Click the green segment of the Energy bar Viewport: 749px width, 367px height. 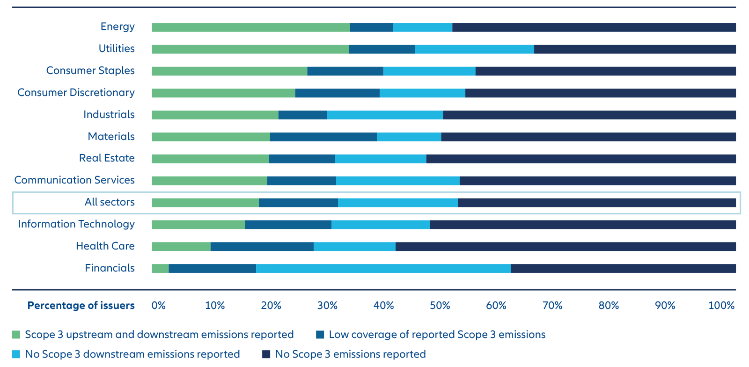coord(250,27)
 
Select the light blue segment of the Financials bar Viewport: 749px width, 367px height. coord(383,268)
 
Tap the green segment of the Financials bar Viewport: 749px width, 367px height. coord(160,268)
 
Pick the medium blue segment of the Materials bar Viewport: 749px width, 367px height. coord(323,137)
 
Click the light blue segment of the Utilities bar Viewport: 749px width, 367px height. coord(474,49)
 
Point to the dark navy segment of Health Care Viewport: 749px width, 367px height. coord(565,247)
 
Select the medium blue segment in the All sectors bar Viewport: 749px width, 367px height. coord(298,203)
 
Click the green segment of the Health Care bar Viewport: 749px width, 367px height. coord(181,247)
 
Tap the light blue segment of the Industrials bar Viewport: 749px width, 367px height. coord(384,115)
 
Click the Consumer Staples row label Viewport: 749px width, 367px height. coord(90,71)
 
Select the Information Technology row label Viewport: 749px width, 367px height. coord(76,224)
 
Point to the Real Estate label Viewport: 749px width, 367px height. coord(107,158)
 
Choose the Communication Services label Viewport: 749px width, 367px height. coord(74,180)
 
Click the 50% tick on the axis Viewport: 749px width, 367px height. coord(440,306)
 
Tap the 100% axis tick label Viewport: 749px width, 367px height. coord(721,306)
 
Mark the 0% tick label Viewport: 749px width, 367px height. coord(158,306)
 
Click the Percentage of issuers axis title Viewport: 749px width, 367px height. coord(81,306)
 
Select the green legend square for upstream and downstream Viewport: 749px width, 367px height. coord(16,335)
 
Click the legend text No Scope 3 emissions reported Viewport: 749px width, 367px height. coord(350,354)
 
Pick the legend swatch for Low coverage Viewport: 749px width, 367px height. coord(320,335)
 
